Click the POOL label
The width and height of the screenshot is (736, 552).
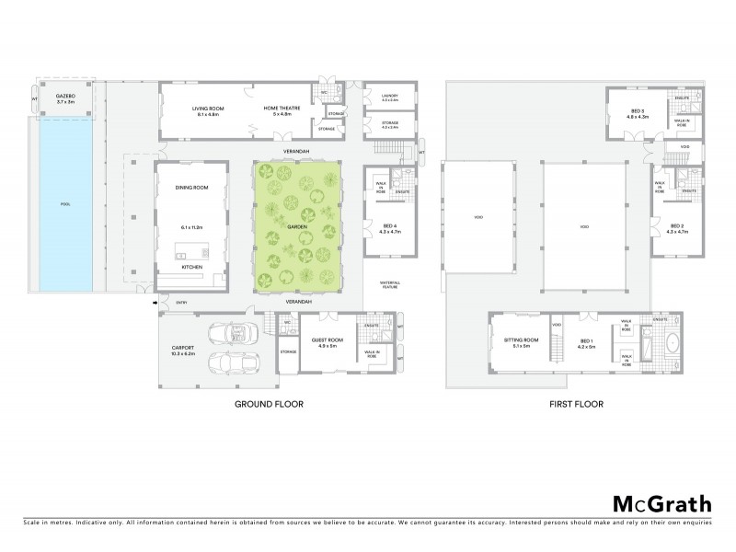64,203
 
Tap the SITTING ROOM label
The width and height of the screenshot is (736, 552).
521,339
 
